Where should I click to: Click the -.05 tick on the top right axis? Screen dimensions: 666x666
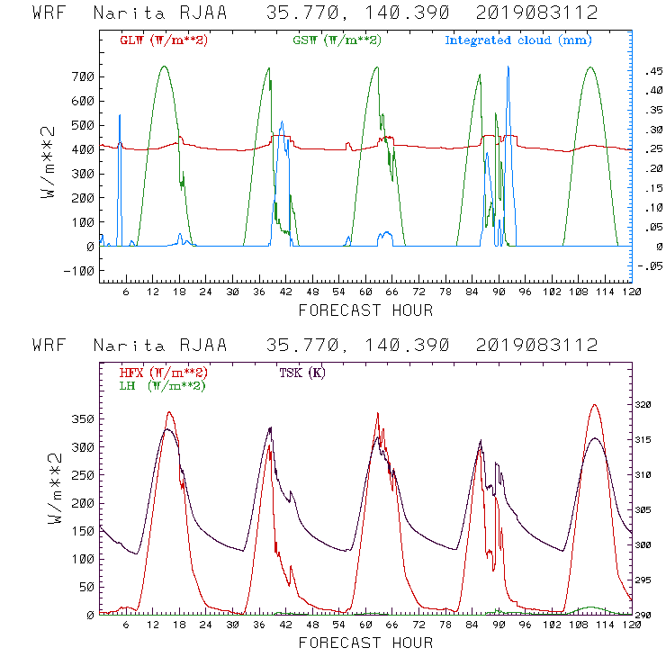pyautogui.click(x=646, y=265)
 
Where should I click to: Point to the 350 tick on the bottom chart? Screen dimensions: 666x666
pyautogui.click(x=82, y=419)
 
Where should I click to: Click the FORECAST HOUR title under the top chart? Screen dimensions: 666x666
pyautogui.click(x=365, y=310)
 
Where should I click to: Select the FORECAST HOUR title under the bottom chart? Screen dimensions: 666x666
pyautogui.click(x=365, y=643)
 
